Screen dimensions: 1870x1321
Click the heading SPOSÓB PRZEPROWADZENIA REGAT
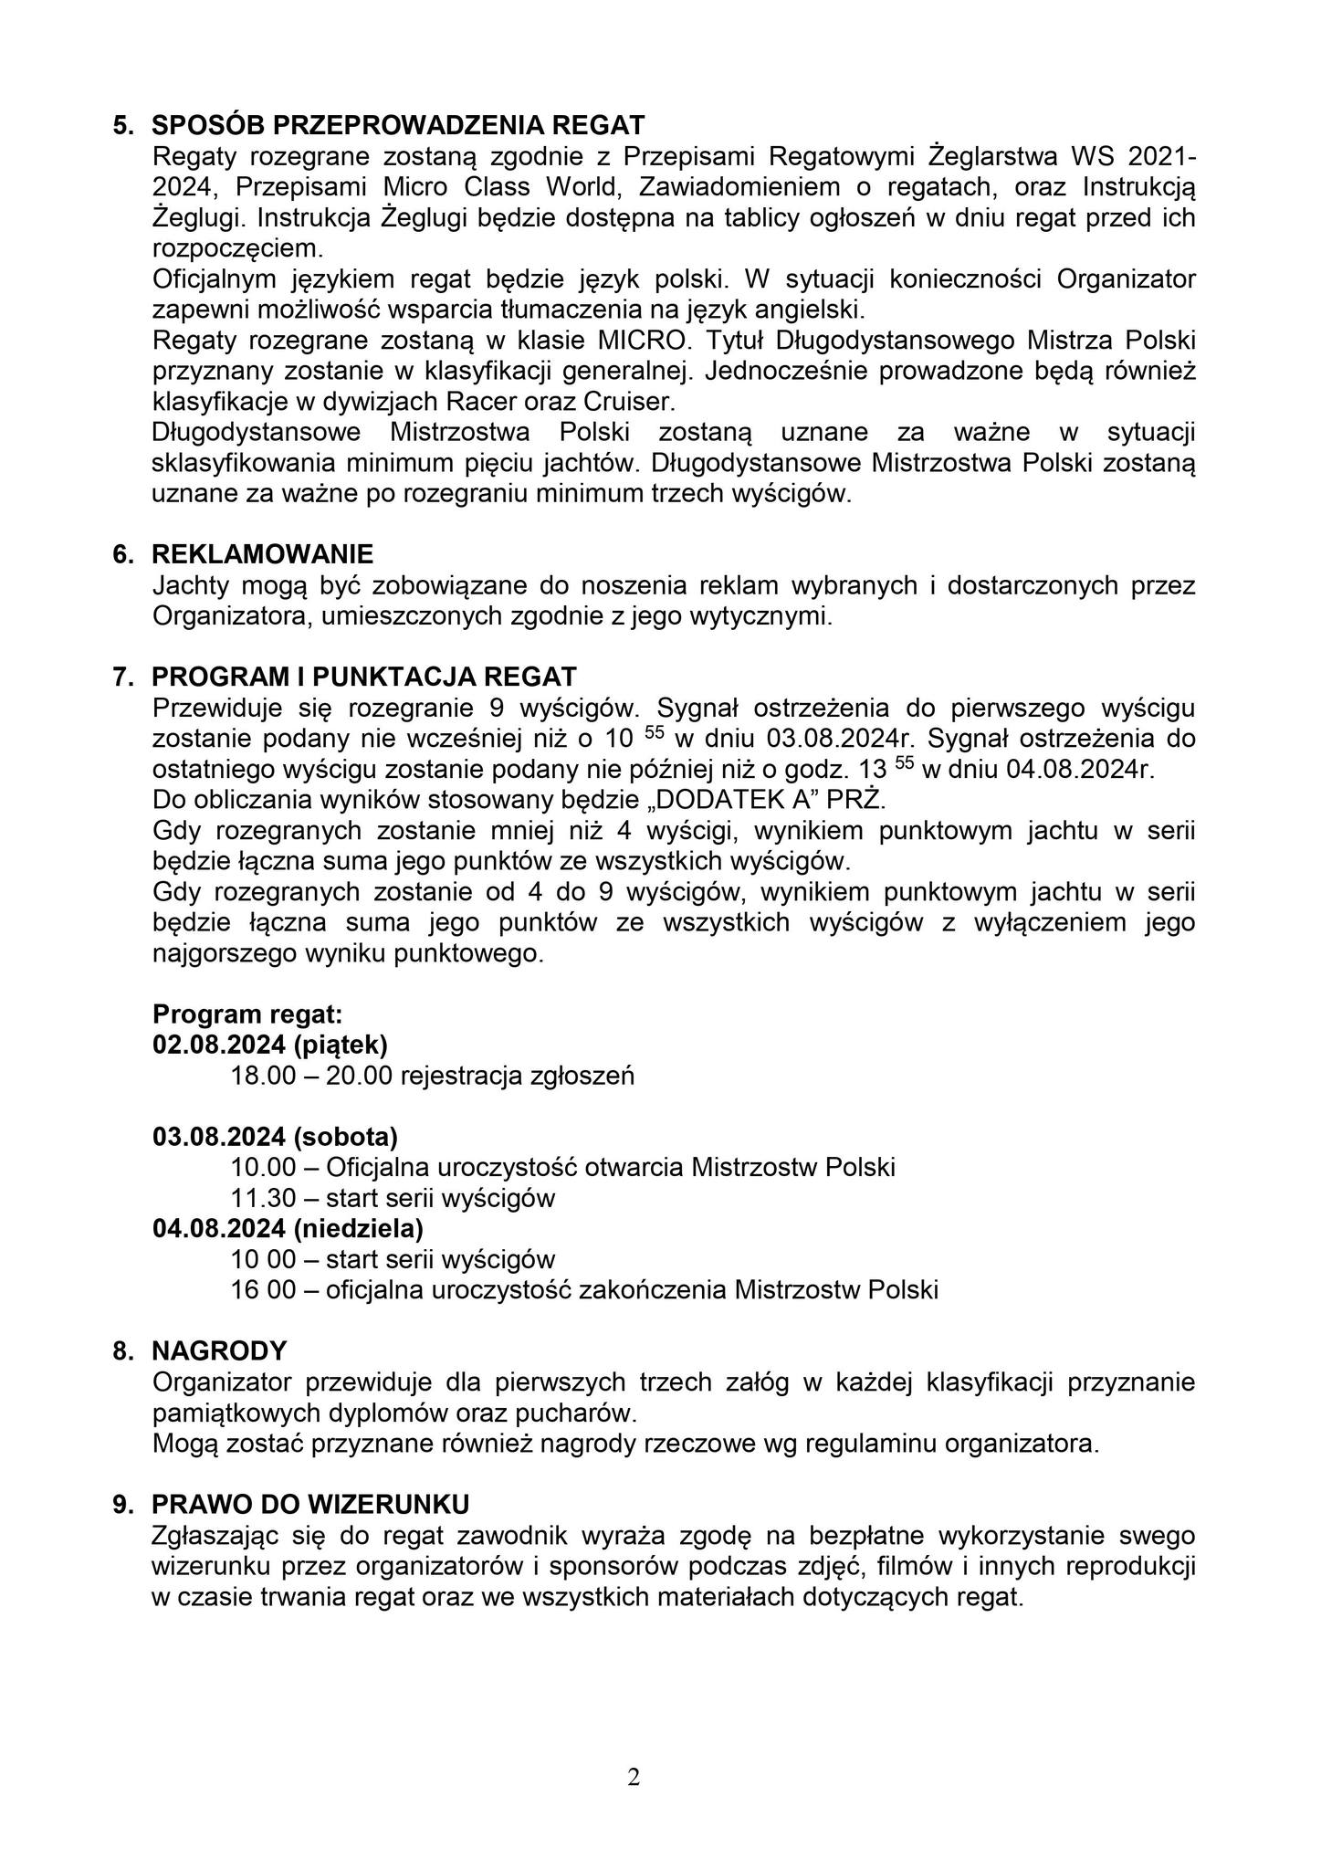[x=398, y=125]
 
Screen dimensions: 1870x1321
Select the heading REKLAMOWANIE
[x=263, y=554]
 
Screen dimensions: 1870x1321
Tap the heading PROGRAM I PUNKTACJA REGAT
[x=364, y=677]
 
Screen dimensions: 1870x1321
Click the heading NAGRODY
[x=219, y=1350]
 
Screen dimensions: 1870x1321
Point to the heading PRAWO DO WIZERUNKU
[x=310, y=1504]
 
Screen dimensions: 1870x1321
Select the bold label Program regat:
[x=247, y=1014]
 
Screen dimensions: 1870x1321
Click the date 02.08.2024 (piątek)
[x=271, y=1045]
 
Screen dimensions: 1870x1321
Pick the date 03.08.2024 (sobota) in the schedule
[x=276, y=1137]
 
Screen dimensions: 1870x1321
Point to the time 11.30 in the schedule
[x=264, y=1198]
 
